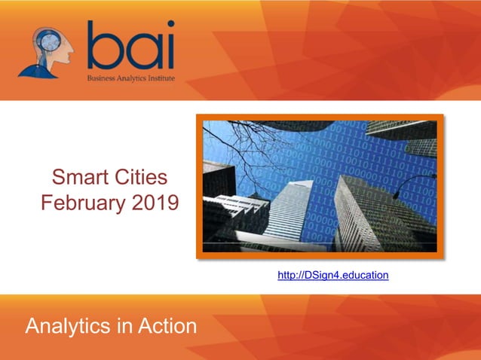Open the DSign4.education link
coord(333,276)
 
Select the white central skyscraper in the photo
coord(290,203)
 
